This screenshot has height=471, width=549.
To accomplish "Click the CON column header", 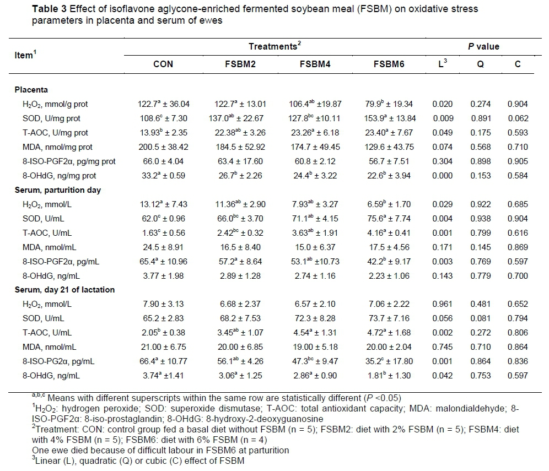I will pyautogui.click(x=163, y=64).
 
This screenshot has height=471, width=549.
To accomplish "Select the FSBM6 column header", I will pyautogui.click(x=390, y=64).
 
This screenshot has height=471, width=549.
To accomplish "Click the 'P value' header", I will pyautogui.click(x=483, y=47).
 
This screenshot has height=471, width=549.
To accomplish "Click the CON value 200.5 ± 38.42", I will pyautogui.click(x=163, y=147).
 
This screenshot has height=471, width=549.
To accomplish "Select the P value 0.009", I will pyautogui.click(x=442, y=118).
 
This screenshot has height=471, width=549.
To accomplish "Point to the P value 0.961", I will pyautogui.click(x=442, y=305).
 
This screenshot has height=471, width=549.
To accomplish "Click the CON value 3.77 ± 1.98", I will pyautogui.click(x=163, y=275).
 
